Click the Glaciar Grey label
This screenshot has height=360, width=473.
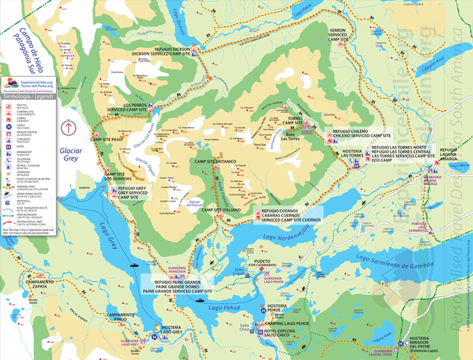tap(69, 153)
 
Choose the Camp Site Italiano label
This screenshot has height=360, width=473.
tap(222, 211)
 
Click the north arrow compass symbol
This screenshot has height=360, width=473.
tap(68, 125)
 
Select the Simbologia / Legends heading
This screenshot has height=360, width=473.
tap(28, 97)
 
